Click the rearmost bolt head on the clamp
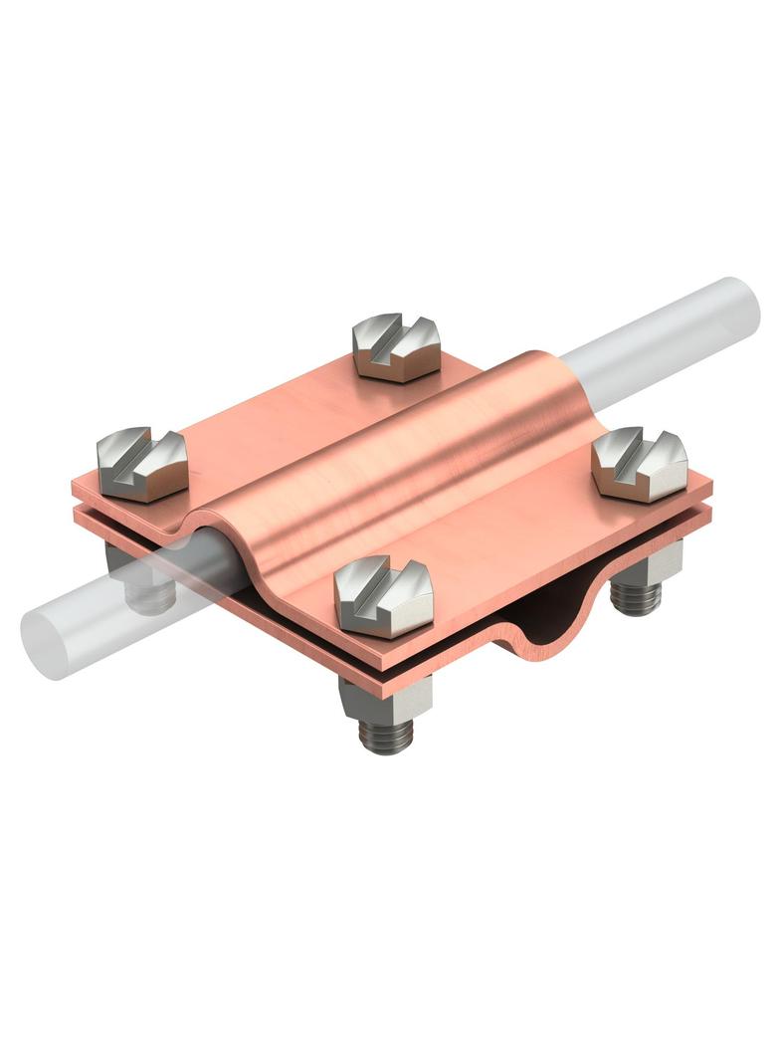(396, 347)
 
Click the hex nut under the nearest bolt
(384, 696)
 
